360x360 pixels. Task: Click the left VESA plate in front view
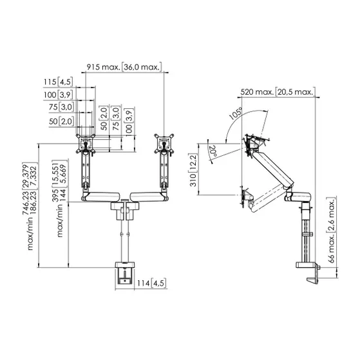[85, 144]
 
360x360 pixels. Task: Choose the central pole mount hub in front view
[123, 207]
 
